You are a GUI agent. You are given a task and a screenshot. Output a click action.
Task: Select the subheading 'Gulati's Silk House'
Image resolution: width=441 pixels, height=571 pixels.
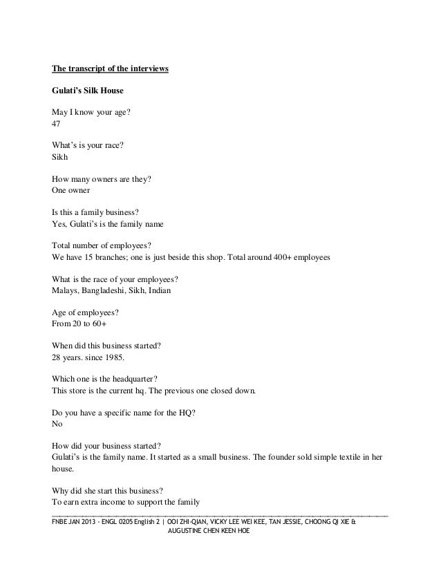pos(86,90)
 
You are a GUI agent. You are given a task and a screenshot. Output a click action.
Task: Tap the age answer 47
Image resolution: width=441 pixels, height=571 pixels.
pos(57,124)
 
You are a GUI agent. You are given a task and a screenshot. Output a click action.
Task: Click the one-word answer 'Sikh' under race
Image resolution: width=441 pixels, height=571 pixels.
pos(61,157)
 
